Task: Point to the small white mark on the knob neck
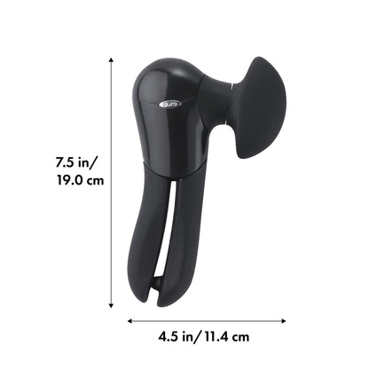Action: tap(232, 86)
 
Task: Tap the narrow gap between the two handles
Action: tap(169, 239)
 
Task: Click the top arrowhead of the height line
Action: tap(111, 61)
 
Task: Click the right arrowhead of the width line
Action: tap(283, 320)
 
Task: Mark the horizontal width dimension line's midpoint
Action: tap(207, 320)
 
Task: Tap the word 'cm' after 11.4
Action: tap(240, 336)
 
